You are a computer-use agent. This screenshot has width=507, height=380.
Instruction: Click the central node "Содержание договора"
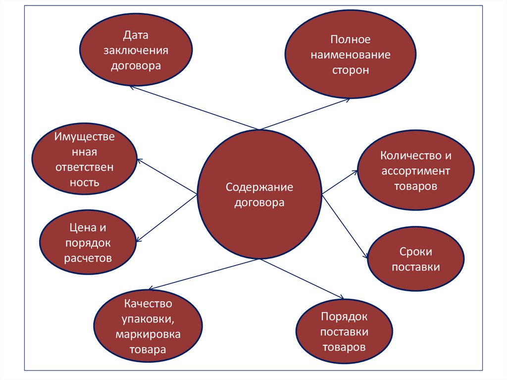pos(259,195)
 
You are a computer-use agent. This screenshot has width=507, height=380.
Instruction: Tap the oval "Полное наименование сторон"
pos(350,54)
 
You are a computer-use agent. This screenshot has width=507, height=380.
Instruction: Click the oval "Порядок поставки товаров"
pos(344,331)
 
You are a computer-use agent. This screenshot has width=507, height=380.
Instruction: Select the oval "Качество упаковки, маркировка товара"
pos(148,327)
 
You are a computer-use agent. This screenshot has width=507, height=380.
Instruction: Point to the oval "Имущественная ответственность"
pos(84,160)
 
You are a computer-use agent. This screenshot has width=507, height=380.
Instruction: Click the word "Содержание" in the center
pos(259,187)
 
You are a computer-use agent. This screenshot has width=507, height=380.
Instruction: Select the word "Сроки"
pos(416,251)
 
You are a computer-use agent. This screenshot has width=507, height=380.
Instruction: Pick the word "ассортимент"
pos(416,171)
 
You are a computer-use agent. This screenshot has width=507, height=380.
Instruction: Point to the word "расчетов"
pos(88,258)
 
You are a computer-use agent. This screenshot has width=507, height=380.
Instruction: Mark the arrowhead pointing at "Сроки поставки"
pos(366,256)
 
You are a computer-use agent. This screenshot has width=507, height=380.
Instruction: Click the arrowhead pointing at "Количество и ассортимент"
pos(355,172)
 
